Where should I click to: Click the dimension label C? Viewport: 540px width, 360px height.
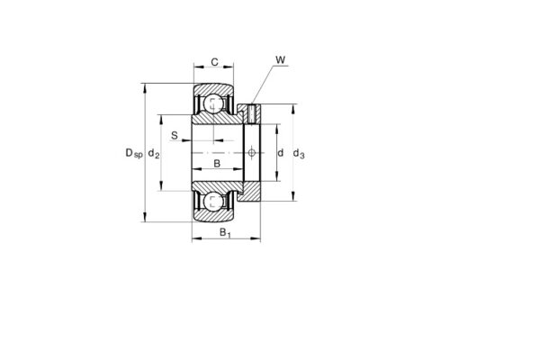coord(213,62)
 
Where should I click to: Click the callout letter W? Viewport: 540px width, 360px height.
coord(280,60)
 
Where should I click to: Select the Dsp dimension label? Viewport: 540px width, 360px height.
coord(133,154)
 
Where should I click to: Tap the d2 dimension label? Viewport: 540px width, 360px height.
coord(155,154)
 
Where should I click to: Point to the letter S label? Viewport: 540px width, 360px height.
coord(175,137)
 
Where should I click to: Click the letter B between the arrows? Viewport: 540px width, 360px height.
coord(216,164)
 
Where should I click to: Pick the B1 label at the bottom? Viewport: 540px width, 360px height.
coord(225,233)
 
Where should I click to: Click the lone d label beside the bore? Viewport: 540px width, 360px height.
coord(280,154)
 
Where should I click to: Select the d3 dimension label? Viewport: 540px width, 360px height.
coord(299,154)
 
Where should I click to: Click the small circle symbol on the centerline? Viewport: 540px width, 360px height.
coord(252,154)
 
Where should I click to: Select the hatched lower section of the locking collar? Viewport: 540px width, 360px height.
coord(252,190)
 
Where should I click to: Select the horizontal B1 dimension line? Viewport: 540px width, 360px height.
coord(225,240)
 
